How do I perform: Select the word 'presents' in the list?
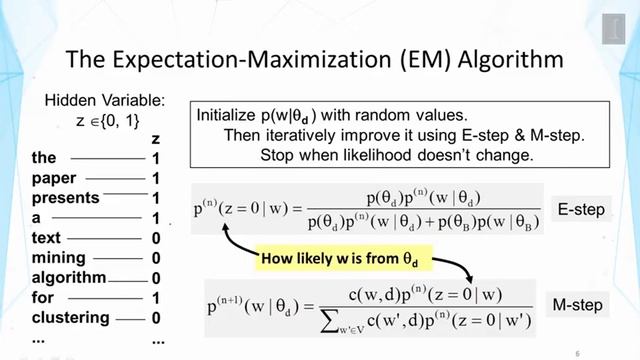tap(65, 198)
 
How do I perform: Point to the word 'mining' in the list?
tap(58, 258)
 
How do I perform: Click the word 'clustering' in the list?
tap(71, 318)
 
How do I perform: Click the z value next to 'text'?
tap(156, 238)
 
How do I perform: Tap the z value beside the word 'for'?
tap(156, 298)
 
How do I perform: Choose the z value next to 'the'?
tap(156, 158)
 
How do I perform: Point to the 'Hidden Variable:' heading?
tap(105, 100)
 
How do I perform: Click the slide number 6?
tap(577, 352)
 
